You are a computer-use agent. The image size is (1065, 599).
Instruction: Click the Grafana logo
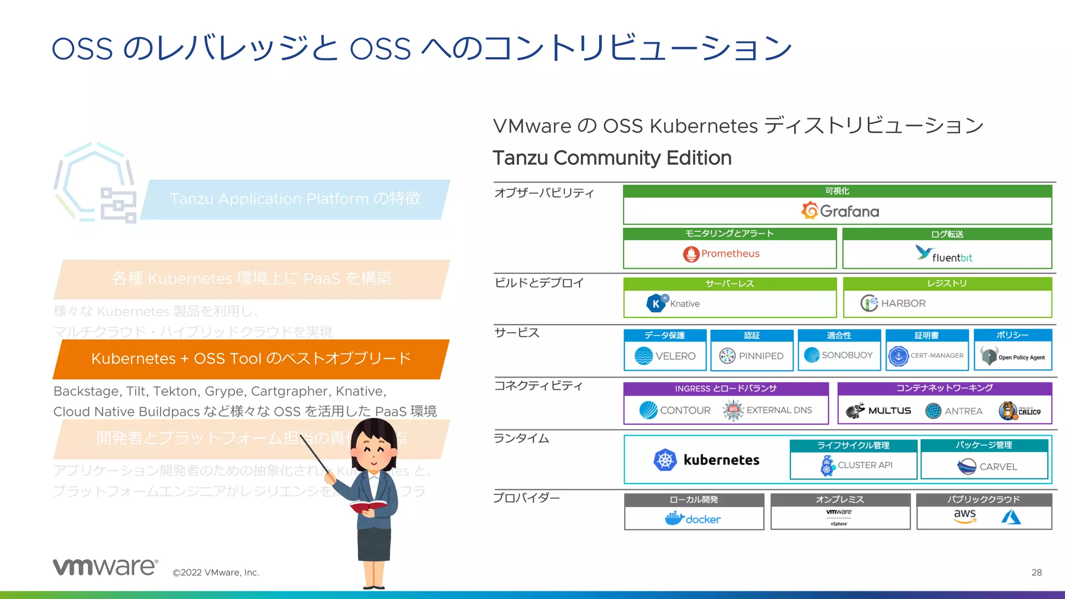840,211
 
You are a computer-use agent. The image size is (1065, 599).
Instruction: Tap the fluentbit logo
943,255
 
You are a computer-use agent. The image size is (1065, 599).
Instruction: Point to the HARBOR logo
893,303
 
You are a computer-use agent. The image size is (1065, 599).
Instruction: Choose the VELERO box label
675,356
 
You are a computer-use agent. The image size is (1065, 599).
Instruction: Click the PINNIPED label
761,356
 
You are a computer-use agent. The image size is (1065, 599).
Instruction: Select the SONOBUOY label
847,355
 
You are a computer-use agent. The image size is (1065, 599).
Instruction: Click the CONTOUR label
685,410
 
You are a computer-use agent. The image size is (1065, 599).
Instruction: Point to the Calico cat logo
1008,411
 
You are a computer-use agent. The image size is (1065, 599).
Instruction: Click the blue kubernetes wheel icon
665,460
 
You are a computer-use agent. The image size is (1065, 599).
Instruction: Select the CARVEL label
998,467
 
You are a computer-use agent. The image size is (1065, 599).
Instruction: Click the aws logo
965,515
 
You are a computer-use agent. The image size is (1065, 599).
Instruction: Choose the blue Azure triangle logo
1011,517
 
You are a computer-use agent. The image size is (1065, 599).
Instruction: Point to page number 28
1036,572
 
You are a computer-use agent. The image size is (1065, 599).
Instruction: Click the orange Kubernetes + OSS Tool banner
251,359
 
